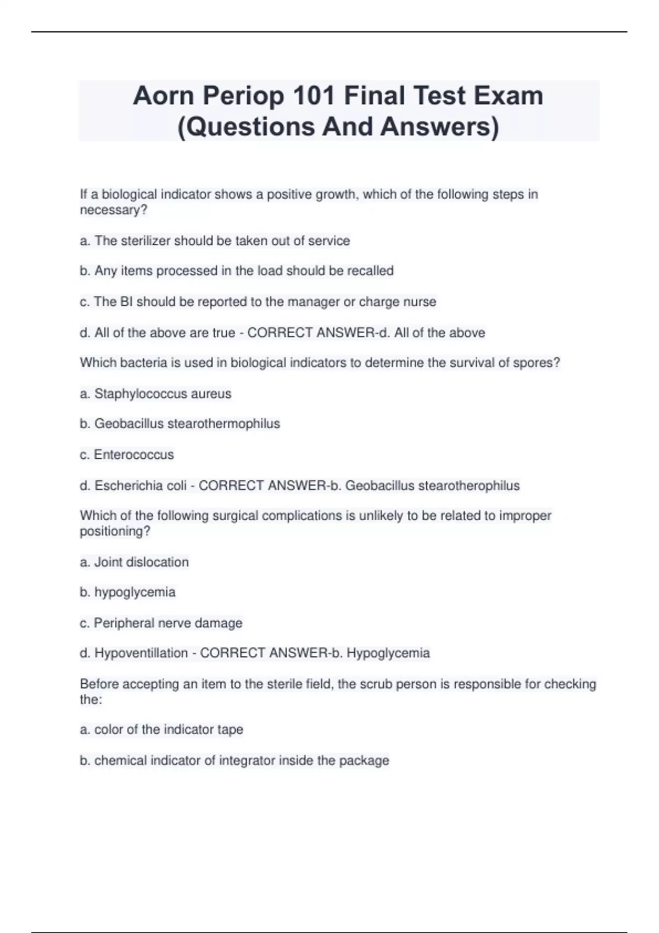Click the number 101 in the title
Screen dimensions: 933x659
314,95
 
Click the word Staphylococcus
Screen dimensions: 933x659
141,394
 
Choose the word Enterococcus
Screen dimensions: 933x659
133,454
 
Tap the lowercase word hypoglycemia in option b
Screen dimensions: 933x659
135,592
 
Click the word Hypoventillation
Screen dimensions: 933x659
141,653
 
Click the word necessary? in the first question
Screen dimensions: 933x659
114,210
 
